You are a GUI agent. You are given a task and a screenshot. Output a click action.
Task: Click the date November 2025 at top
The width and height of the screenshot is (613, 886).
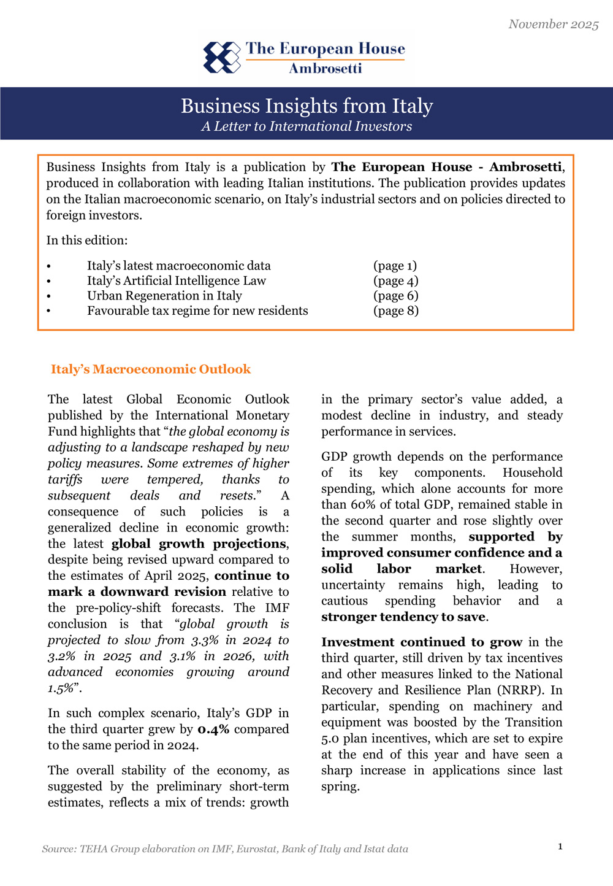(x=553, y=24)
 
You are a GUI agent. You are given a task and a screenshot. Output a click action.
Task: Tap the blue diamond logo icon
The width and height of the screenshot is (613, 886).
(x=222, y=58)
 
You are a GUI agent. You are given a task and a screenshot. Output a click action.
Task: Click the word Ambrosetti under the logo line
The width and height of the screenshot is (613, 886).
(x=325, y=68)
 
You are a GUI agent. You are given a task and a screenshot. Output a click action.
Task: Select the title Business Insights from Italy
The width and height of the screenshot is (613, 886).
(x=306, y=106)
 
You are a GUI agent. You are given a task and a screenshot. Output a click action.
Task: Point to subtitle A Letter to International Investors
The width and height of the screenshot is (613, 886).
(x=306, y=126)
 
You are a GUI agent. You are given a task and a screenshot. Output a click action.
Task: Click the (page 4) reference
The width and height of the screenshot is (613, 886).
(x=395, y=281)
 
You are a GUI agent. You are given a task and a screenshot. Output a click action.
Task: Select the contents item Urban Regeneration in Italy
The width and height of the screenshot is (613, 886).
(x=164, y=296)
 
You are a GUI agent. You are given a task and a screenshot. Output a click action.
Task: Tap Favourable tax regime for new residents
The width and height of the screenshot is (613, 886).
(x=197, y=310)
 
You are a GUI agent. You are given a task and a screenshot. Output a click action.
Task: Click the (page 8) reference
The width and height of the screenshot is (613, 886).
(x=395, y=310)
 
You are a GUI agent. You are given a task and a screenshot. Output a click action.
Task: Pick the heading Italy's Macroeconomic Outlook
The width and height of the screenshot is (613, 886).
(x=151, y=369)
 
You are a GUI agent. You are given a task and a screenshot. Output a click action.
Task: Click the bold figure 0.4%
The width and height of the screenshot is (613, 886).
(x=213, y=730)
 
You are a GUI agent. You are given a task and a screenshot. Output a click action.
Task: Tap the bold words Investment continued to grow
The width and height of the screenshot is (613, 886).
(x=422, y=642)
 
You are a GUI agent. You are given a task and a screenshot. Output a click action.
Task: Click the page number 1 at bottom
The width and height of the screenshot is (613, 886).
(x=560, y=847)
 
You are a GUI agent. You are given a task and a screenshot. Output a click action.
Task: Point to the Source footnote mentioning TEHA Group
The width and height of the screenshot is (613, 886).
(x=225, y=849)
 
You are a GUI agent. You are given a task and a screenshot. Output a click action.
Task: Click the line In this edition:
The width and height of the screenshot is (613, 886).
(x=87, y=241)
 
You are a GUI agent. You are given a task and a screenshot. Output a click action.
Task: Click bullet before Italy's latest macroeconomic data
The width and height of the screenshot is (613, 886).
(x=49, y=266)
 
